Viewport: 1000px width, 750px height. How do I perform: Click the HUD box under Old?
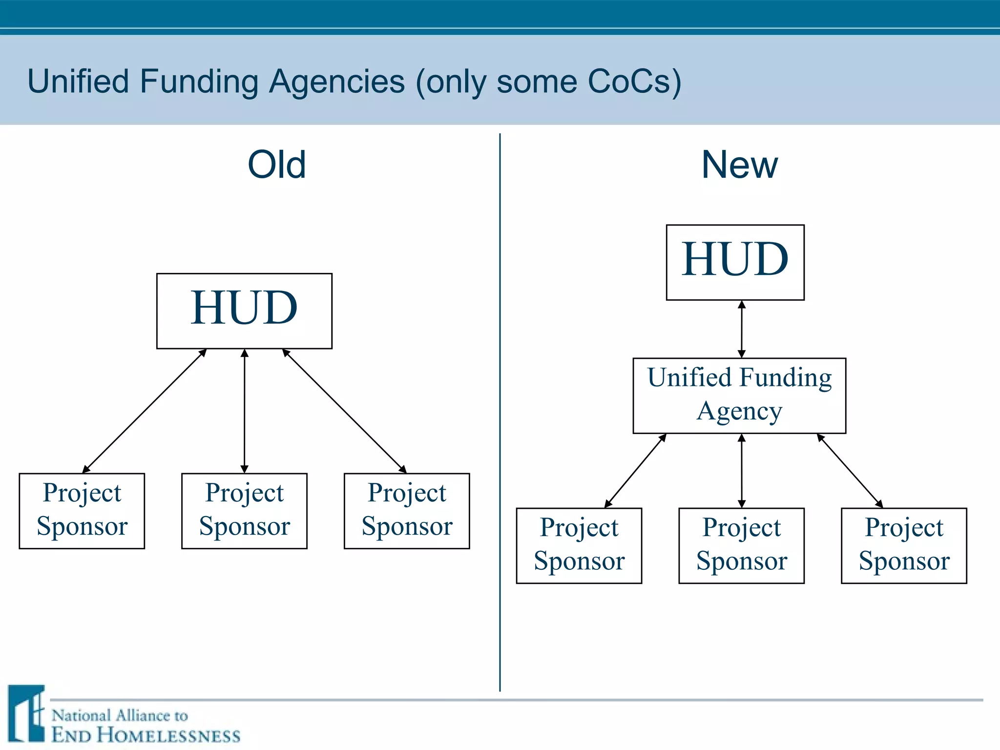pyautogui.click(x=244, y=311)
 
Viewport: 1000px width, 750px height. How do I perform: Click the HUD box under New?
pyautogui.click(x=735, y=262)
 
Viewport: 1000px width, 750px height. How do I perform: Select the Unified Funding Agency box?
pyautogui.click(x=739, y=396)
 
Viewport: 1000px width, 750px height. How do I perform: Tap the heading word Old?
pyautogui.click(x=276, y=165)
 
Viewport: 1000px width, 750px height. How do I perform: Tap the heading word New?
pyautogui.click(x=739, y=165)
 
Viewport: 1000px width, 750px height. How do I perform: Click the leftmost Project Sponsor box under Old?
pyautogui.click(x=82, y=511)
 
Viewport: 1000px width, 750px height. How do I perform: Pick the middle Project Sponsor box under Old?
pyautogui.click(x=244, y=511)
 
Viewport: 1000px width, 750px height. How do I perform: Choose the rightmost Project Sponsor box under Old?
pyautogui.click(x=407, y=511)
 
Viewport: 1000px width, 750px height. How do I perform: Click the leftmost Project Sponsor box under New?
pyautogui.click(x=579, y=545)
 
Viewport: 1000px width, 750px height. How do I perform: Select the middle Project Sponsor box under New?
pyautogui.click(x=741, y=545)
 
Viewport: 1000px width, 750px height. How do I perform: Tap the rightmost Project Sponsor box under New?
pyautogui.click(x=904, y=545)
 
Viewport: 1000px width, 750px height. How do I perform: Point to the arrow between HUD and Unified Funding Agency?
pyautogui.click(x=742, y=329)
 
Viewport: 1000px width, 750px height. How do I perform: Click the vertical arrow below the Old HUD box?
pyautogui.click(x=245, y=411)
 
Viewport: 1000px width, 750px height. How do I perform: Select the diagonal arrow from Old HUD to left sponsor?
pyautogui.click(x=145, y=411)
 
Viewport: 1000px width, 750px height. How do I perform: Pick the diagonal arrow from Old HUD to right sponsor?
pyautogui.click(x=344, y=411)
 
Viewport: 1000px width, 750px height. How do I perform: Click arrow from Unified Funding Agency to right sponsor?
pyautogui.click(x=850, y=471)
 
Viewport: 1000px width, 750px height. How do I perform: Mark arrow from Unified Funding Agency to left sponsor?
pyautogui.click(x=635, y=471)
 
